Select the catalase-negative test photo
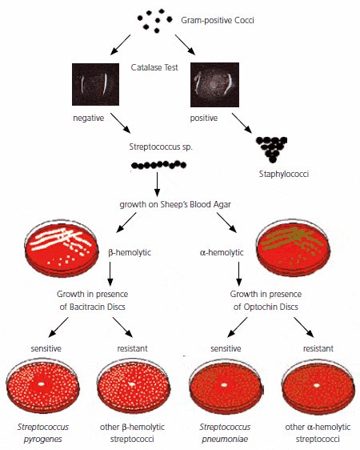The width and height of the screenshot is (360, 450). point(94,85)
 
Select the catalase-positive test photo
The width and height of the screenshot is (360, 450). point(215,85)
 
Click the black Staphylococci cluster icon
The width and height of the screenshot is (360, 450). point(272,150)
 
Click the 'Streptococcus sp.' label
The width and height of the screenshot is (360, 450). point(158,147)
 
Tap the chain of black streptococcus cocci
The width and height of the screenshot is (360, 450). point(158,165)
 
